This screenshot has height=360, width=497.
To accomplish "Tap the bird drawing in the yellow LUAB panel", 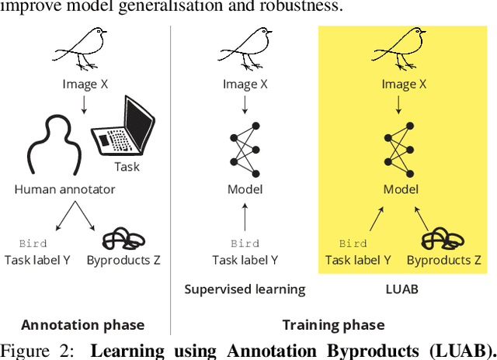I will click(x=400, y=47).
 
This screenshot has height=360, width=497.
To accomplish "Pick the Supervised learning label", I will click(x=245, y=289).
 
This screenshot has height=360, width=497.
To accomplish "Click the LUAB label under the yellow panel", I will click(x=401, y=289).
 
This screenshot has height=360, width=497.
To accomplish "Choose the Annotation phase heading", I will click(x=82, y=325).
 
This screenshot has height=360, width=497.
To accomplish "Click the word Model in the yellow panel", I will click(x=401, y=189).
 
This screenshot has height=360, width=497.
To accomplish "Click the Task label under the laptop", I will click(x=127, y=165).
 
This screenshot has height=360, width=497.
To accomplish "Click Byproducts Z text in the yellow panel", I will click(x=444, y=261).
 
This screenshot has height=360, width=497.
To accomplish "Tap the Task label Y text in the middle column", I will click(x=245, y=261).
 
